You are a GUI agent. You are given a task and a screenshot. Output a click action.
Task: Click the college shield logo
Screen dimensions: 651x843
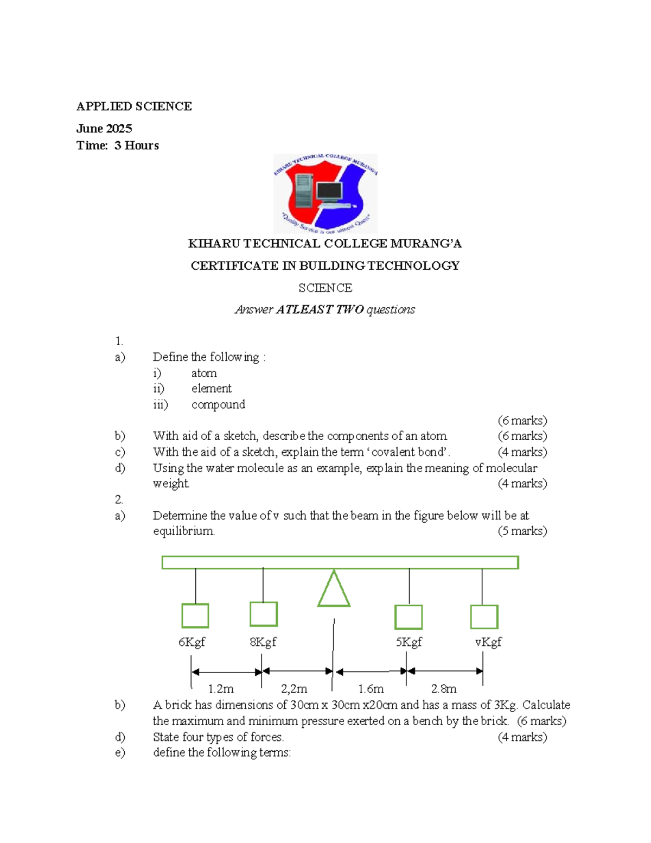pyautogui.click(x=325, y=194)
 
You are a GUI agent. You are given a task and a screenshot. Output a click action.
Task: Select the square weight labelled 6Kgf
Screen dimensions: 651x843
pyautogui.click(x=195, y=616)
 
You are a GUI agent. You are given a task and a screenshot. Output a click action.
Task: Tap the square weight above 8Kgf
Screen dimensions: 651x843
pyautogui.click(x=264, y=614)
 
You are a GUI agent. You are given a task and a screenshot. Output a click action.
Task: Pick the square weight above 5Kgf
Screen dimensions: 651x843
pyautogui.click(x=409, y=617)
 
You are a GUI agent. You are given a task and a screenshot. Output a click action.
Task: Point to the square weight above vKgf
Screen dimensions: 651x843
pyautogui.click(x=484, y=617)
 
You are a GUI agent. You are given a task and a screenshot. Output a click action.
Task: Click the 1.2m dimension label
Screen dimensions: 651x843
pyautogui.click(x=221, y=689)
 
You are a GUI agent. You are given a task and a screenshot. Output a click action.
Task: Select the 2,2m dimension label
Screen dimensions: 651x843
pyautogui.click(x=294, y=689)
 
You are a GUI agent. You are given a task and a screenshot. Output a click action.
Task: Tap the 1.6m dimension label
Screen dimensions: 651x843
pyautogui.click(x=371, y=689)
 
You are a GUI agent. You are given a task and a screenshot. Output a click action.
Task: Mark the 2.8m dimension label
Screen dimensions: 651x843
pyautogui.click(x=444, y=689)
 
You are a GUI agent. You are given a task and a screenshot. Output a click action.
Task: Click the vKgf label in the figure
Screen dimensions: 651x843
pyautogui.click(x=488, y=642)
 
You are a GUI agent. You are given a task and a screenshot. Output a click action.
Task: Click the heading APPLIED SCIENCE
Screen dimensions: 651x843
pyautogui.click(x=134, y=106)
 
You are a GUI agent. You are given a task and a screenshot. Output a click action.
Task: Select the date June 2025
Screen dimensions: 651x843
pyautogui.click(x=104, y=129)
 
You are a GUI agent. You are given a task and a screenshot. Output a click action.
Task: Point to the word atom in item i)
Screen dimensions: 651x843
pyautogui.click(x=204, y=373)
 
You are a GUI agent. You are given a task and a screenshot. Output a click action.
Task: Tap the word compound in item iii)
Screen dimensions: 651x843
pyautogui.click(x=218, y=405)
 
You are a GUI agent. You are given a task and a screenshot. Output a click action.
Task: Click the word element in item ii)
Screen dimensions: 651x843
pyautogui.click(x=212, y=389)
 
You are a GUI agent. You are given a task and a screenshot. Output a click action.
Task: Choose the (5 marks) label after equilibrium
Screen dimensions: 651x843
pyautogui.click(x=522, y=531)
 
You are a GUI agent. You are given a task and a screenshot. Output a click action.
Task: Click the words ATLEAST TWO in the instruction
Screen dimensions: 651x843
pyautogui.click(x=320, y=310)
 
